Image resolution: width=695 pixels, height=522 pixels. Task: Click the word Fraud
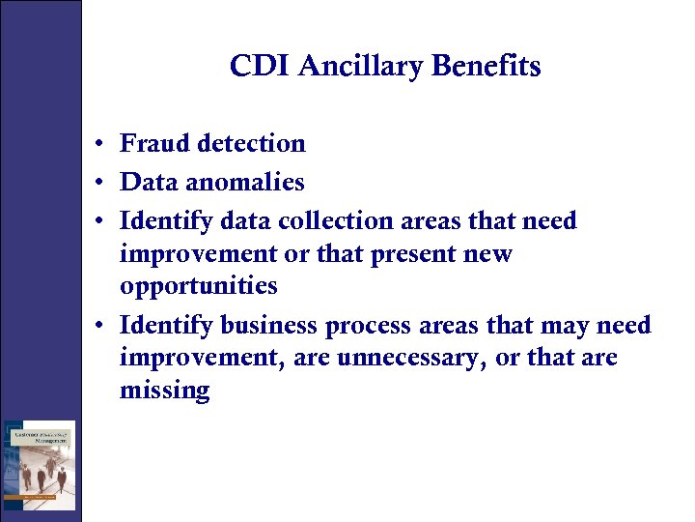[153, 143]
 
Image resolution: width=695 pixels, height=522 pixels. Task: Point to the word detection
[250, 143]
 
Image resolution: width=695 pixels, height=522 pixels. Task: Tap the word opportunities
[198, 287]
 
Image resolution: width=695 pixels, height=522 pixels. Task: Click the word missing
[164, 391]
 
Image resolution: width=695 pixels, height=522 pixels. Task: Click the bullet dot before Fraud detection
[99, 145]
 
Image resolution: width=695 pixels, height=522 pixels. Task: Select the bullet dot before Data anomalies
[99, 184]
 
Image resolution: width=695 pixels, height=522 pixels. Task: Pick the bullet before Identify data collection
[99, 222]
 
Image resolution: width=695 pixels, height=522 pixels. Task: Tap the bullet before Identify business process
[99, 327]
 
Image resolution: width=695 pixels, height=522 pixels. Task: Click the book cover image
[39, 465]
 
